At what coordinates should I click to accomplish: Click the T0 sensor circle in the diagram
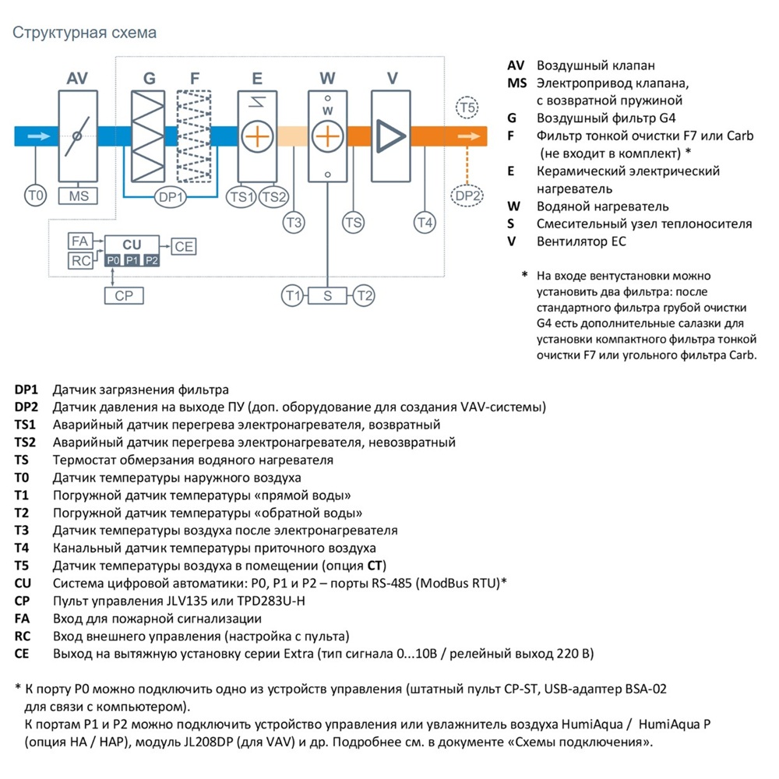click(36, 196)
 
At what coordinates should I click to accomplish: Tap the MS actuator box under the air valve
click(78, 196)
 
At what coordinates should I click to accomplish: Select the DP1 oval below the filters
click(171, 197)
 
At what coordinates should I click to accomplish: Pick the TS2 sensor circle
click(273, 197)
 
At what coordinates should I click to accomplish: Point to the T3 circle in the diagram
click(294, 223)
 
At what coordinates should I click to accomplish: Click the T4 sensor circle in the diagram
click(425, 223)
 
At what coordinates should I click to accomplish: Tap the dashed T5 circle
click(467, 108)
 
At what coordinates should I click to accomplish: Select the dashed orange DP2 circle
click(467, 196)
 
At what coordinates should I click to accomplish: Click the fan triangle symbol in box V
click(390, 136)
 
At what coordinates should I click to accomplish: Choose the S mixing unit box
click(327, 295)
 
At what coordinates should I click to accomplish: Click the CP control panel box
click(124, 295)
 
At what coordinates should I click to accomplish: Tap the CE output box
click(184, 246)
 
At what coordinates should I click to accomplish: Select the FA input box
click(80, 241)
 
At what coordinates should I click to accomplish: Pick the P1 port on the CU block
click(132, 260)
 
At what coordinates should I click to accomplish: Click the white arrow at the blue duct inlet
click(39, 136)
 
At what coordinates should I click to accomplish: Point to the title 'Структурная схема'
click(84, 33)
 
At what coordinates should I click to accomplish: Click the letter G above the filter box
click(149, 78)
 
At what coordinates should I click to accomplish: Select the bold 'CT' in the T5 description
click(375, 566)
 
